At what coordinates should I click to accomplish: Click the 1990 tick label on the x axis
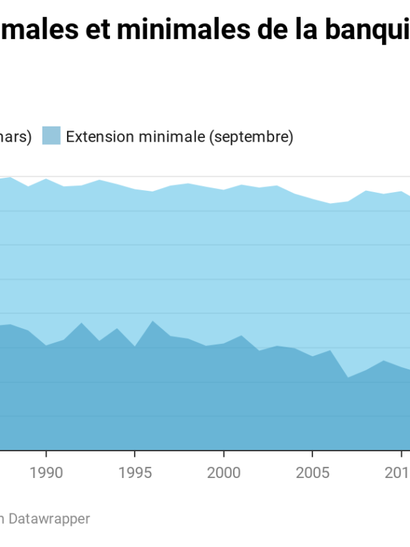coord(46,472)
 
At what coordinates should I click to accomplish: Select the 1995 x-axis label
coord(135,472)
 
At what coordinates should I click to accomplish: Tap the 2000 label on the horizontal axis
coord(223,472)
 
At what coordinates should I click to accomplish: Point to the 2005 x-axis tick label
coord(312,472)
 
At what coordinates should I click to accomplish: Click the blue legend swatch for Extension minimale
coord(51,136)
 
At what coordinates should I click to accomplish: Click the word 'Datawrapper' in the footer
coord(49,519)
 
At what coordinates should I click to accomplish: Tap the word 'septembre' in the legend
coord(251,137)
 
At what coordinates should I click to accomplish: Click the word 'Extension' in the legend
coord(100,137)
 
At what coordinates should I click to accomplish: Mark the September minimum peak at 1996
coord(152,321)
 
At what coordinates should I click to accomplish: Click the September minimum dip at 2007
coord(348,377)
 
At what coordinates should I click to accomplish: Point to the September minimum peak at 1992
coord(81,323)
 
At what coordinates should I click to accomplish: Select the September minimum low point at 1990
coord(46,345)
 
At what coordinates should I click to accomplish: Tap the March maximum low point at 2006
coord(330,204)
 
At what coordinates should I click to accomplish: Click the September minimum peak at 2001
coord(241,336)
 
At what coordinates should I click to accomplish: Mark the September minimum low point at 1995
coord(135,346)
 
